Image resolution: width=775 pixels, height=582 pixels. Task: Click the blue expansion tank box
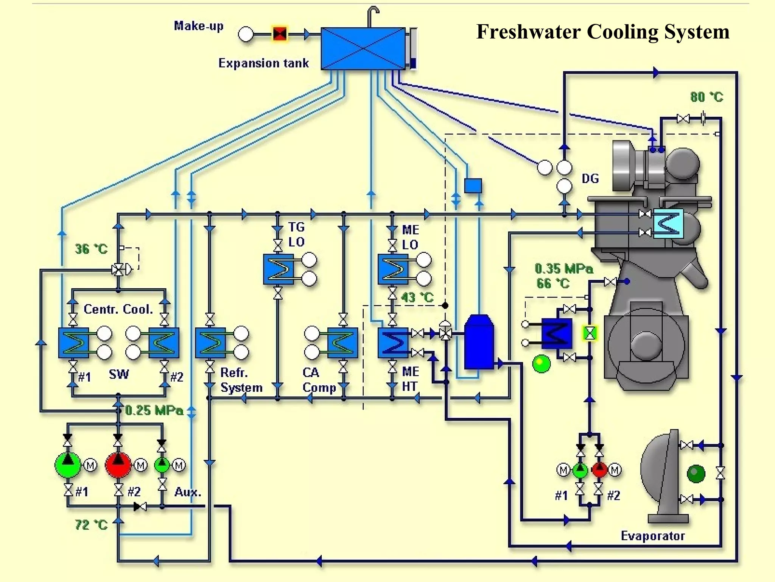click(x=363, y=48)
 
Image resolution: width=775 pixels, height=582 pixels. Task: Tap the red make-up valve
click(x=280, y=34)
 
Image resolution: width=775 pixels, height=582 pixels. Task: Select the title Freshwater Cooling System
click(x=602, y=31)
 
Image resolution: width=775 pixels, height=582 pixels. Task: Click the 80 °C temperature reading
click(x=706, y=97)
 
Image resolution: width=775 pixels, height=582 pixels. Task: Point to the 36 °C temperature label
click(x=91, y=249)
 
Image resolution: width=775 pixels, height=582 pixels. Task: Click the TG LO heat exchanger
click(x=279, y=269)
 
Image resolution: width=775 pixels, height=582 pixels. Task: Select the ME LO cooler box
click(x=393, y=269)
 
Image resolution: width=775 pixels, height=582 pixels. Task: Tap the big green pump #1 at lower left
click(x=68, y=465)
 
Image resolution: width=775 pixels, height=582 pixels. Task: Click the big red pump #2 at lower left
click(x=118, y=465)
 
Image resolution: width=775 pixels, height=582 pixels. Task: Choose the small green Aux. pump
click(x=162, y=465)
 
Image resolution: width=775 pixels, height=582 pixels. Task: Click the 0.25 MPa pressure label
click(x=154, y=410)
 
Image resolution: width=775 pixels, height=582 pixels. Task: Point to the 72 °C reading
click(x=91, y=525)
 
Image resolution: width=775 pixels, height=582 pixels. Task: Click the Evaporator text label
click(x=653, y=536)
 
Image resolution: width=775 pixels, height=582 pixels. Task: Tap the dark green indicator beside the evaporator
click(x=696, y=474)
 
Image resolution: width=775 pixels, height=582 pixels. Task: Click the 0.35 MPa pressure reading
click(x=564, y=269)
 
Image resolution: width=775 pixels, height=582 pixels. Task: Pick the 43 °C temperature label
click(x=417, y=297)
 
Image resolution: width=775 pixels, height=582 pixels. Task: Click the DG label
click(x=590, y=178)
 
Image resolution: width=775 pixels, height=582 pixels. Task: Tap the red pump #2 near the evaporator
click(x=599, y=470)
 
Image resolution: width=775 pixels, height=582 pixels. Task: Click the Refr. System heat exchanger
click(x=210, y=343)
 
